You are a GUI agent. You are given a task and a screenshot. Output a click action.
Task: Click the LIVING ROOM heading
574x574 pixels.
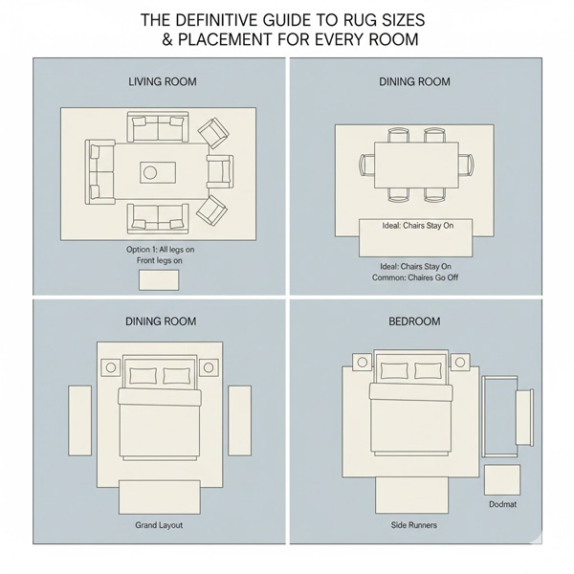click(162, 81)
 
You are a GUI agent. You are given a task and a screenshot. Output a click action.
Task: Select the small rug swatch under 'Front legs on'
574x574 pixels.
click(159, 279)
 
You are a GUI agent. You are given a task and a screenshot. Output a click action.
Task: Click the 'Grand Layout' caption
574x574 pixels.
click(160, 525)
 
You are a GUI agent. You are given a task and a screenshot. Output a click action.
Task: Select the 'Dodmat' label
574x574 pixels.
click(502, 504)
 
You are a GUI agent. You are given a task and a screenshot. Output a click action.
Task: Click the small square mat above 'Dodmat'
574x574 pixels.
click(502, 478)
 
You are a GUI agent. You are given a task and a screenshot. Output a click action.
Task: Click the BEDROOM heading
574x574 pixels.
click(414, 321)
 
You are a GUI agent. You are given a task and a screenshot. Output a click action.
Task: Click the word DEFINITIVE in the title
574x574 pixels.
click(220, 19)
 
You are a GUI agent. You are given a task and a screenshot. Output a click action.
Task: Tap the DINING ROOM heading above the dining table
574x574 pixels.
click(415, 81)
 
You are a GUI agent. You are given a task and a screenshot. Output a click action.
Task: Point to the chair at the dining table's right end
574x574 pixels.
click(465, 165)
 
